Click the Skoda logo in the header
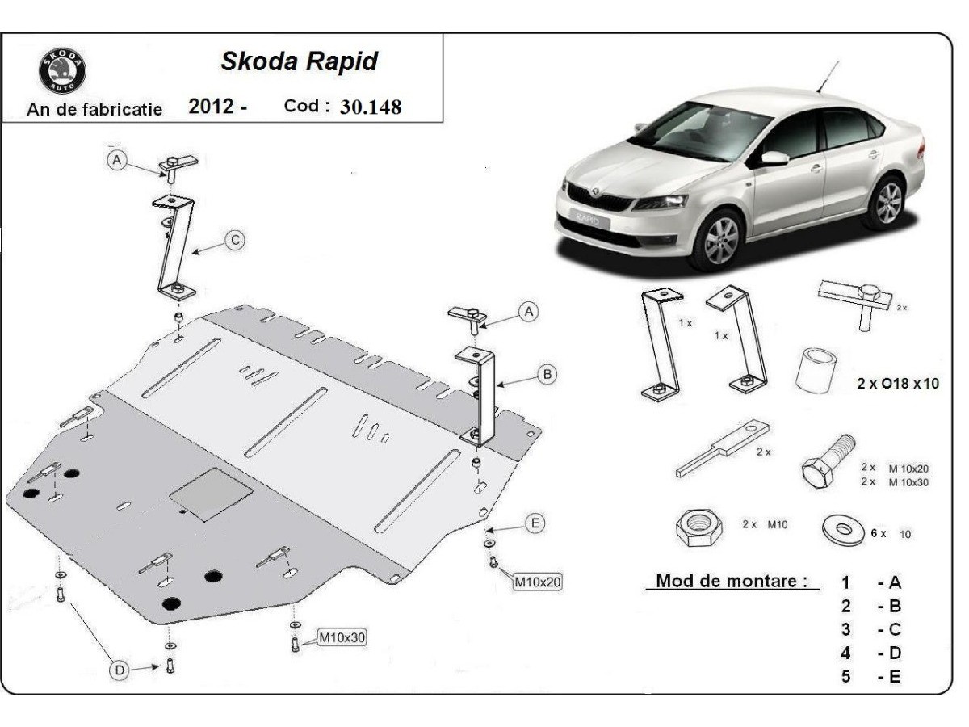[62, 71]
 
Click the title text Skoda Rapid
[299, 62]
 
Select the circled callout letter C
[235, 240]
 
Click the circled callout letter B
[547, 374]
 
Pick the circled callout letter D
[120, 670]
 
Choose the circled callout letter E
[534, 523]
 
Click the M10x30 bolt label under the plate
[342, 637]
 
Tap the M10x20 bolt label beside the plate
[537, 580]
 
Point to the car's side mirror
[772, 158]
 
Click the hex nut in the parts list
[696, 528]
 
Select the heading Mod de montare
[731, 581]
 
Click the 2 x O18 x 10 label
[898, 385]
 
